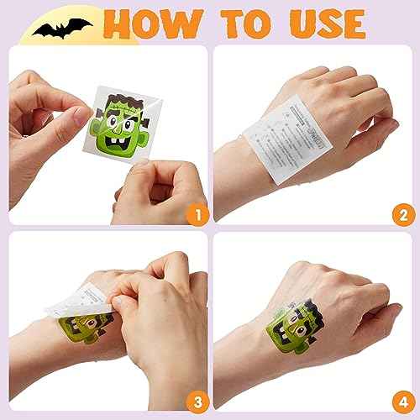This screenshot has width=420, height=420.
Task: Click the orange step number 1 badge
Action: [195, 215]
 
